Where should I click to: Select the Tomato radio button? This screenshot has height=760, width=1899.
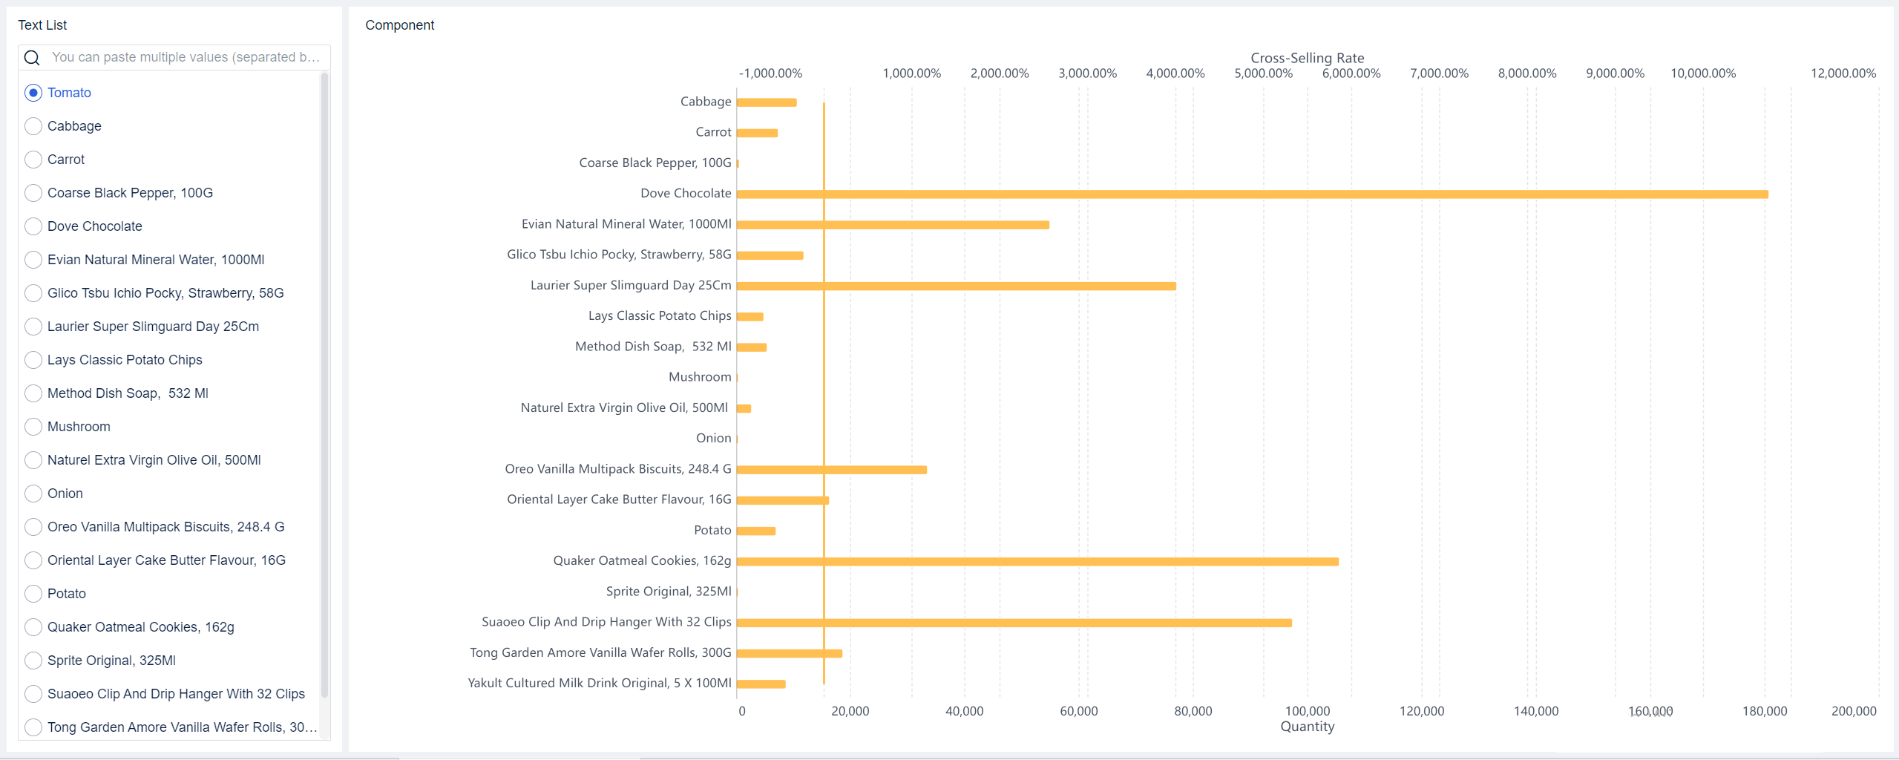[x=33, y=93]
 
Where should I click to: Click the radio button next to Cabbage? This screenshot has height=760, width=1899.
[x=33, y=126]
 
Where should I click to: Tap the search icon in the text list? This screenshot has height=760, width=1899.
[x=32, y=58]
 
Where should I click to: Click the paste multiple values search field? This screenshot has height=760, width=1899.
[x=186, y=57]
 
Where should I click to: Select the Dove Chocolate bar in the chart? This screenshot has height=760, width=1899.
[x=1252, y=194]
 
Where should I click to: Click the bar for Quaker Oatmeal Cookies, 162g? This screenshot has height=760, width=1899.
[x=1037, y=562]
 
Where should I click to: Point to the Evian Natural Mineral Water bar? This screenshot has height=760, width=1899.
[x=893, y=225]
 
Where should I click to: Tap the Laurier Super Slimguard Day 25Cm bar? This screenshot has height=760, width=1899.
[x=956, y=286]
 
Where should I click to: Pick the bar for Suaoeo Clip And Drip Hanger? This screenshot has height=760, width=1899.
[x=1014, y=623]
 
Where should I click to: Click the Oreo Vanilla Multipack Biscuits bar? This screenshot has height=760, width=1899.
[x=831, y=470]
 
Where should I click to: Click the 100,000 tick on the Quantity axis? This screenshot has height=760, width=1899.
[x=1307, y=711]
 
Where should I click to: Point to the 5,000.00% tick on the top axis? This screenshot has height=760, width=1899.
[x=1263, y=73]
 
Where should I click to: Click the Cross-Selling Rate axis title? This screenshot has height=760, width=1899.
[x=1307, y=58]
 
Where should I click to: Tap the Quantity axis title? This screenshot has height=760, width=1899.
[x=1307, y=727]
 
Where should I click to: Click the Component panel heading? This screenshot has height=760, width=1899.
[x=399, y=25]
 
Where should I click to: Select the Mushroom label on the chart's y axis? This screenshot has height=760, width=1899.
[x=699, y=377]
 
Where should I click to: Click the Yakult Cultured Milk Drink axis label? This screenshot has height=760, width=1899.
[x=599, y=683]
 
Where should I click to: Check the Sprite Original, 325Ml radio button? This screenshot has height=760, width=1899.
[x=33, y=661]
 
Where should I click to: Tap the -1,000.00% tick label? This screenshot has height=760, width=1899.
[x=770, y=73]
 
